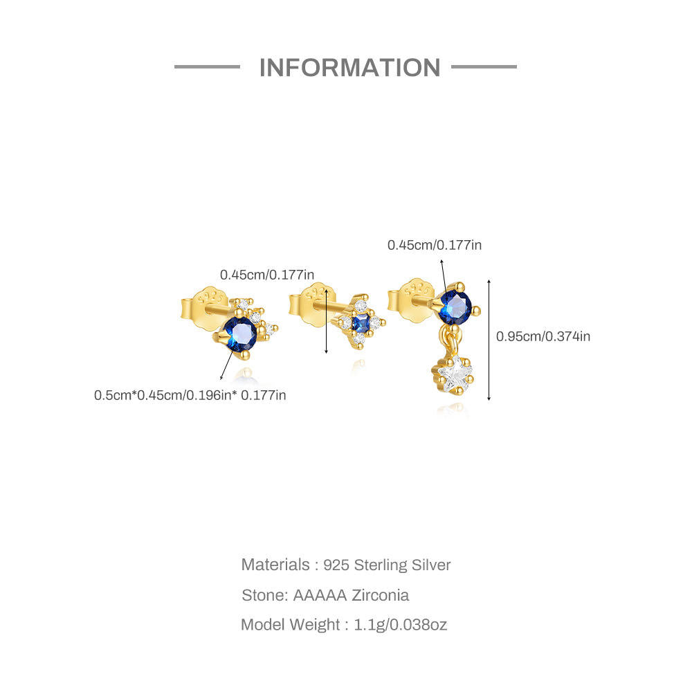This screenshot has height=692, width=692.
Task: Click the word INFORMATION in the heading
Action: pyautogui.click(x=349, y=68)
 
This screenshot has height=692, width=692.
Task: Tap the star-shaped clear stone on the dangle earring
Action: pyautogui.click(x=453, y=376)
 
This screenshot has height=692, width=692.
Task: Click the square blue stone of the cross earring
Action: pyautogui.click(x=359, y=322)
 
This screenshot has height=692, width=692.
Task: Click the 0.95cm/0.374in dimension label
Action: pyautogui.click(x=543, y=337)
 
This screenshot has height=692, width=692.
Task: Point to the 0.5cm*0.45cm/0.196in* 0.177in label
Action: pyautogui.click(x=190, y=396)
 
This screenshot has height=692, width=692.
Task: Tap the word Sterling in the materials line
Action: pyautogui.click(x=381, y=565)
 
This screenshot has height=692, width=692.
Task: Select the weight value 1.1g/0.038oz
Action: pyautogui.click(x=401, y=625)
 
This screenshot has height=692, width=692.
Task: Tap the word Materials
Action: pyautogui.click(x=275, y=565)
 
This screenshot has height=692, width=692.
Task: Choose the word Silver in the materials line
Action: pyautogui.click(x=432, y=565)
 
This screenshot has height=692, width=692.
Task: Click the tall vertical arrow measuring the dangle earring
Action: pyautogui.click(x=489, y=340)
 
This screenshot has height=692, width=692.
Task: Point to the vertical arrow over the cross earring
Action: pyautogui.click(x=327, y=321)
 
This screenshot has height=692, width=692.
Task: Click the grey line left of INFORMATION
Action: pyautogui.click(x=207, y=67)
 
